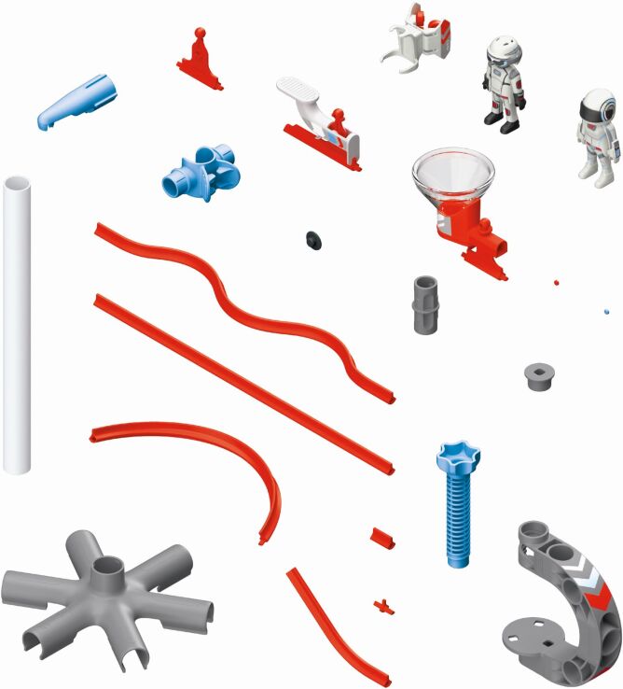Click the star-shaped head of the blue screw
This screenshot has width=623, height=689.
click(457, 457)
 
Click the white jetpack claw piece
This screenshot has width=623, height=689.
click(418, 37)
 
